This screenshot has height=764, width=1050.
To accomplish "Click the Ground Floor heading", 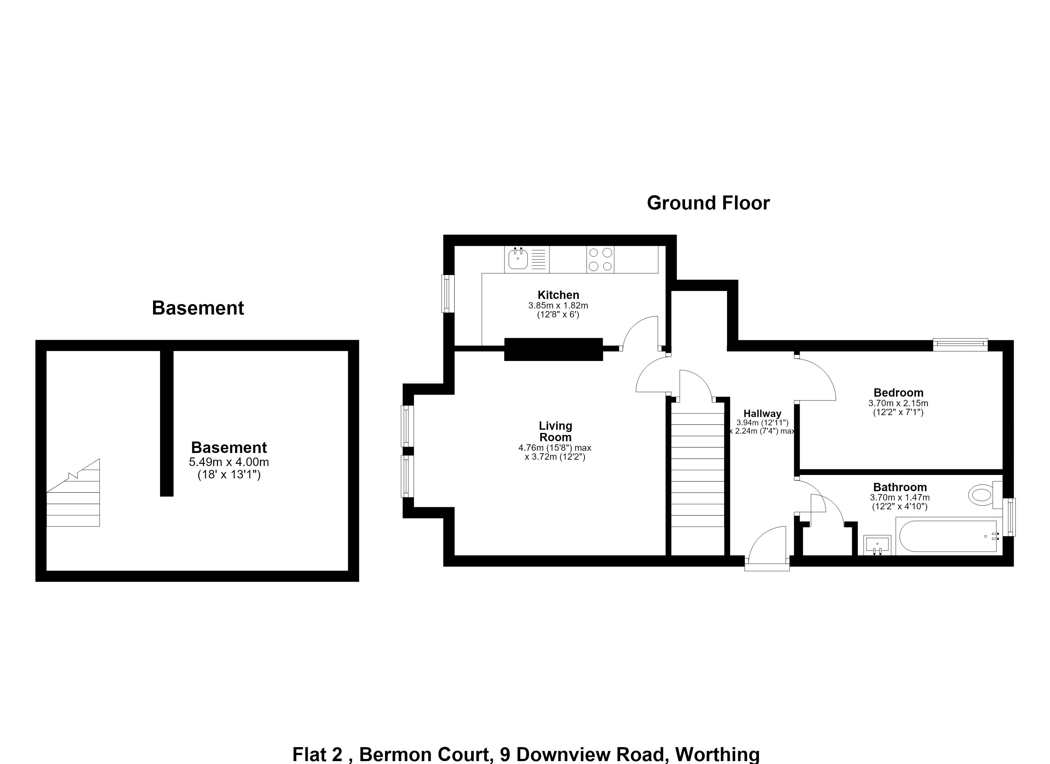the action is [708, 203].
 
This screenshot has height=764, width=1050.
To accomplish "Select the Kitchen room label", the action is [558, 295].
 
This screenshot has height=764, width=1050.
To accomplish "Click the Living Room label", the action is [556, 431].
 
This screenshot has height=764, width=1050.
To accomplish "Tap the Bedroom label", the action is [899, 393].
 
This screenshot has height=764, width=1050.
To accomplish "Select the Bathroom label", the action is [900, 487].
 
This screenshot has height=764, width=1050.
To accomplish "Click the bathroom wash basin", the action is [877, 545].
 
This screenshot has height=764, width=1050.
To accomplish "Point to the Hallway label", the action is [762, 414].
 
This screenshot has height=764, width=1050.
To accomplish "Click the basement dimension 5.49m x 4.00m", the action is [229, 462].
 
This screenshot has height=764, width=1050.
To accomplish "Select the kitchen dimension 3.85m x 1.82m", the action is [558, 306].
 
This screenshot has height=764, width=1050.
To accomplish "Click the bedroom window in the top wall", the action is [960, 345].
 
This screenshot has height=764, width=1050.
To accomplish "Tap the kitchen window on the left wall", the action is [448, 294].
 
